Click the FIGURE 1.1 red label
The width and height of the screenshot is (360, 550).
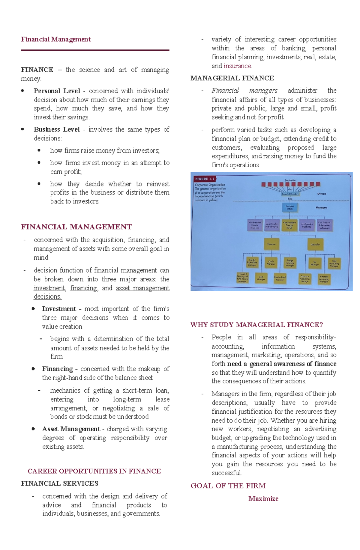(x=205, y=179)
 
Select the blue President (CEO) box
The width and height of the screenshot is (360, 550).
(x=289, y=207)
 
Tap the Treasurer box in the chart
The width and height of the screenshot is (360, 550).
(x=271, y=244)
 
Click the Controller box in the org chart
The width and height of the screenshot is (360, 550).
(x=315, y=245)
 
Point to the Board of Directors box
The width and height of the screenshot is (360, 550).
(x=290, y=194)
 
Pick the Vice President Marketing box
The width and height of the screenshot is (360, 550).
(x=307, y=225)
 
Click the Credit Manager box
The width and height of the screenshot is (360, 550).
(x=271, y=263)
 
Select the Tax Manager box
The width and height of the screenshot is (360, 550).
(x=315, y=263)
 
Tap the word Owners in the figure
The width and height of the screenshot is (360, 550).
(x=322, y=194)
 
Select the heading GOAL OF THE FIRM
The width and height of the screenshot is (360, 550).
(x=228, y=486)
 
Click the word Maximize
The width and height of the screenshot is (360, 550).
(x=263, y=499)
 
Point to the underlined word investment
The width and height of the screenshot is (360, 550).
(x=49, y=288)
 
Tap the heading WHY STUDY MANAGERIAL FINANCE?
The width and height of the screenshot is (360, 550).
(x=256, y=325)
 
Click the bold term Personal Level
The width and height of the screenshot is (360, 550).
(x=57, y=91)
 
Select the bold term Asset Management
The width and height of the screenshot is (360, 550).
(x=71, y=429)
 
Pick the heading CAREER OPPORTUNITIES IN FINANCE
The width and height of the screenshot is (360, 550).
(x=94, y=471)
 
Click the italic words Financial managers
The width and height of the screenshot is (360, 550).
(x=244, y=91)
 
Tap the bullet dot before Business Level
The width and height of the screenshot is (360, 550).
(x=22, y=129)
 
